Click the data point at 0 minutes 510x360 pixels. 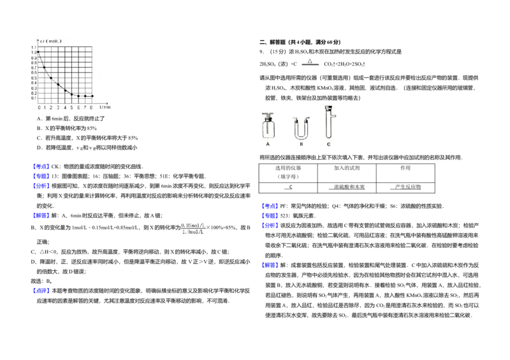coord(39,52)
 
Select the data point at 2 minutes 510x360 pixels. coord(52,78)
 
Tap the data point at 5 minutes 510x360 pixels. coord(72,94)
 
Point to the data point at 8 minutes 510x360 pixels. coord(92,96)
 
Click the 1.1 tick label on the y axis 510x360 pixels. coord(34,47)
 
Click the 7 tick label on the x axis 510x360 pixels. coord(85,108)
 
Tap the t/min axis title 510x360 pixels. coord(105,107)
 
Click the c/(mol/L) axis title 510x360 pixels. coord(51,41)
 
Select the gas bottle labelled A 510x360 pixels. coord(268,127)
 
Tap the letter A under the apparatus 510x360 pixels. coord(268,145)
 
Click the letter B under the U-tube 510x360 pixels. coord(301,145)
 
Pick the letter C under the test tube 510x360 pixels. coord(328,145)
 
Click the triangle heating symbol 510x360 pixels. coord(310,62)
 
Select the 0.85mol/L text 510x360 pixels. coord(193,225)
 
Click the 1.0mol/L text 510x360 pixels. coord(193,232)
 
